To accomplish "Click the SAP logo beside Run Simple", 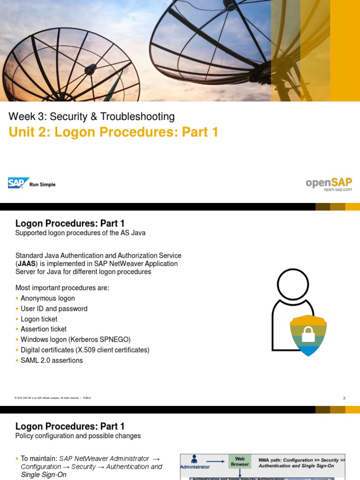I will (x=18, y=183).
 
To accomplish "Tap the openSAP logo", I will (x=329, y=182).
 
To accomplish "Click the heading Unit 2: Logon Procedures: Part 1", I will (x=113, y=133).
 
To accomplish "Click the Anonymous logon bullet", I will (x=47, y=299).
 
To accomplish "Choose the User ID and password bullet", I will (x=54, y=309).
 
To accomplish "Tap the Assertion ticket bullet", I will (x=44, y=329).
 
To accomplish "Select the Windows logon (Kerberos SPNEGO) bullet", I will (x=75, y=339).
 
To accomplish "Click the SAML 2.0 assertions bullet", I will (x=52, y=360).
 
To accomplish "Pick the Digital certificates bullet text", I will (x=85, y=350).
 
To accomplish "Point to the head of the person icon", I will (x=293, y=284).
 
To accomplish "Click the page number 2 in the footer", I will (x=344, y=398).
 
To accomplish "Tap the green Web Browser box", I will (x=240, y=461).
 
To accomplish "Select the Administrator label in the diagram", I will (x=195, y=467).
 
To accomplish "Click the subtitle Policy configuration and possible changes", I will (x=78, y=436).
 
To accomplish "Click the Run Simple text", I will (x=42, y=185).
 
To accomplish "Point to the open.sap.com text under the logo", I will (x=337, y=189).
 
